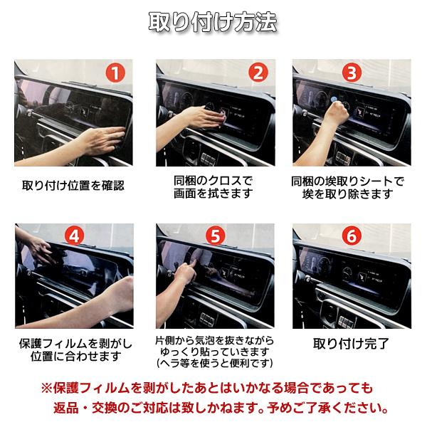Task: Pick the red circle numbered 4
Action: tap(74, 236)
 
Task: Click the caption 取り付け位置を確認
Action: tap(73, 186)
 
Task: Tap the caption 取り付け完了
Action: tap(352, 344)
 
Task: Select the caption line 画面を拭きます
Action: tap(213, 194)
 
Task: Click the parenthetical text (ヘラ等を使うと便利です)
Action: tap(213, 363)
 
